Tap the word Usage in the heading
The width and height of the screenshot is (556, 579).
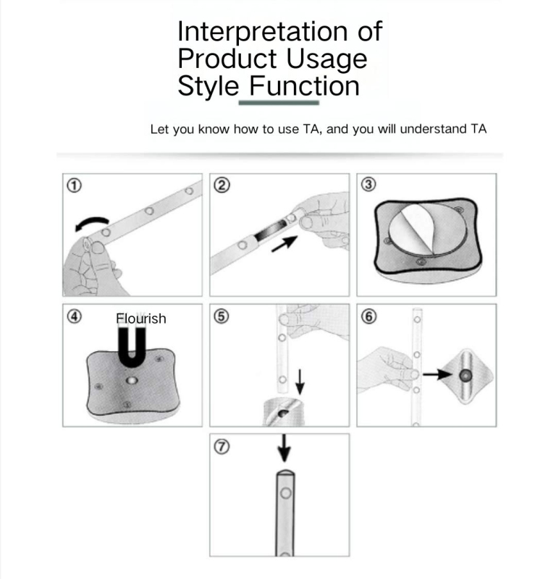(327, 59)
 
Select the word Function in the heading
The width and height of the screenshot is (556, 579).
(304, 86)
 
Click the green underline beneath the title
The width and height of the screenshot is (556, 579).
(279, 103)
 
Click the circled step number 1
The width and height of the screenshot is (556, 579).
(74, 185)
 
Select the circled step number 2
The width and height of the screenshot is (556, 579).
(222, 185)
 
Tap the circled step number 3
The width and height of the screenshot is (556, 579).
(368, 185)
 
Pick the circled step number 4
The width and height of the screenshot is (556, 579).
(75, 316)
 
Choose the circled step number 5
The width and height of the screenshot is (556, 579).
(222, 316)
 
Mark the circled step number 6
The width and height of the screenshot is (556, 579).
(368, 316)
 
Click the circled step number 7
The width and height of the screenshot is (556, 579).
(222, 447)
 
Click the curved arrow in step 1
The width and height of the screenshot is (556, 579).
(92, 220)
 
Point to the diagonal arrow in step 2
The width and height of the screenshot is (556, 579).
(285, 244)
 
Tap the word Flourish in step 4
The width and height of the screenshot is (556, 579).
(140, 318)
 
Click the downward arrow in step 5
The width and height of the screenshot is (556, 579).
(300, 382)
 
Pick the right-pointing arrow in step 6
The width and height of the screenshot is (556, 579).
(437, 374)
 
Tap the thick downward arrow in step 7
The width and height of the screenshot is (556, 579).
(284, 448)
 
